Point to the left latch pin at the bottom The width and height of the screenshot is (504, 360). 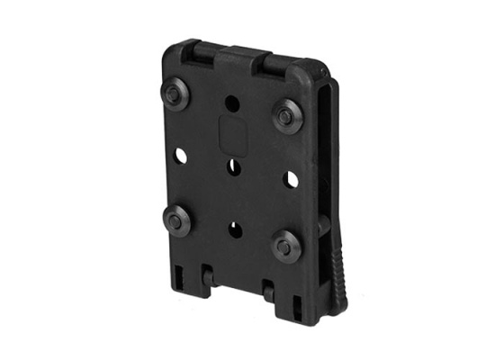tap(206, 270)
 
